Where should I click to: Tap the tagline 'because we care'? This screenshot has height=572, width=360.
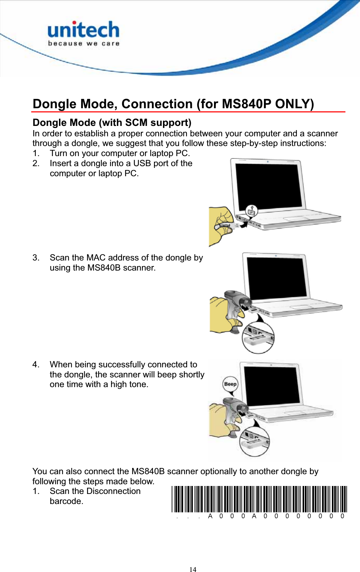click(x=84, y=44)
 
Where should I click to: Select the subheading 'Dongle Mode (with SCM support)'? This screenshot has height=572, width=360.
click(x=112, y=123)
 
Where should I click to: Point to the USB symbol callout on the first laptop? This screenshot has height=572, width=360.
click(x=251, y=210)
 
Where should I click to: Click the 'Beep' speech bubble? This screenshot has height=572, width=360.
click(x=230, y=384)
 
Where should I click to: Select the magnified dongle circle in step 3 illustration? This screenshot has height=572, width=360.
click(x=258, y=337)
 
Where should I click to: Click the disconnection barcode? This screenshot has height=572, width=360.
click(x=259, y=499)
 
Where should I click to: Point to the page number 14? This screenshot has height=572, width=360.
click(x=193, y=569)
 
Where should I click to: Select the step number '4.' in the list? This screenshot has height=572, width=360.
click(x=36, y=365)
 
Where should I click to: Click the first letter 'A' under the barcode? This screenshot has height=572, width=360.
click(x=210, y=516)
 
